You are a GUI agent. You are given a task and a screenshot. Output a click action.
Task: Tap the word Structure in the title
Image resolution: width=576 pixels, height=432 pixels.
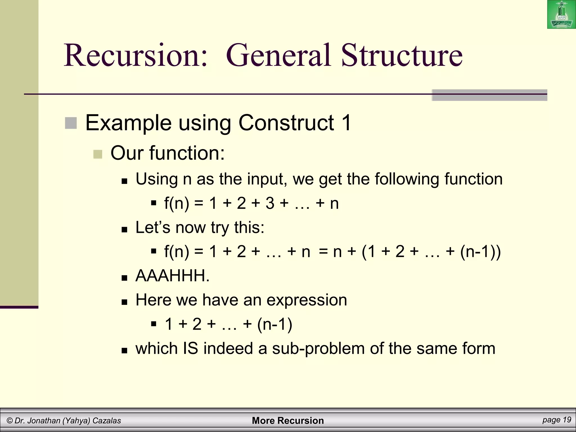402,55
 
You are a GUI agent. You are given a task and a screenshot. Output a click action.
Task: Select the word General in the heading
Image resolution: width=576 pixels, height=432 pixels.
278,55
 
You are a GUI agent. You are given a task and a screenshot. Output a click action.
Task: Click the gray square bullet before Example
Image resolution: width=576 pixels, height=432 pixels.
71,123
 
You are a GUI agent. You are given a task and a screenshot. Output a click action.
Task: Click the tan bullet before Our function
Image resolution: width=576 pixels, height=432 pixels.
98,154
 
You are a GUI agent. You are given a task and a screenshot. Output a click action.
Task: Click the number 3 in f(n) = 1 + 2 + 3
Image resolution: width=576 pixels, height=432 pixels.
270,203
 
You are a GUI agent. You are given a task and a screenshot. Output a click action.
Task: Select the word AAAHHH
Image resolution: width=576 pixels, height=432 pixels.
172,276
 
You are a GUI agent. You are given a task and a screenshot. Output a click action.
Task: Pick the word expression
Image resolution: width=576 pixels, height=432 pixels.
307,300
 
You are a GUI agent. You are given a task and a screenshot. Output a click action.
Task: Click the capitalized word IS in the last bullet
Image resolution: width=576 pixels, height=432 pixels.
190,348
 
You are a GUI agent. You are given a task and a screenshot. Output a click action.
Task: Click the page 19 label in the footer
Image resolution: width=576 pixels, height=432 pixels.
557,420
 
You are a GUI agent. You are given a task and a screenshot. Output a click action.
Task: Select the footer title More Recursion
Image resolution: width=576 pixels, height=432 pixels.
288,420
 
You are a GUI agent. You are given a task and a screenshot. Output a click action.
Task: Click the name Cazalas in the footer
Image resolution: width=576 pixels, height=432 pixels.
107,421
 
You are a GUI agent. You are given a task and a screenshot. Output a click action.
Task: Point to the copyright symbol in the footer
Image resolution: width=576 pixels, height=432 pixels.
10,421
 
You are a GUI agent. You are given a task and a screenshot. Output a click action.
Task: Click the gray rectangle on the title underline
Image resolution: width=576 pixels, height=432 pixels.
489,95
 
